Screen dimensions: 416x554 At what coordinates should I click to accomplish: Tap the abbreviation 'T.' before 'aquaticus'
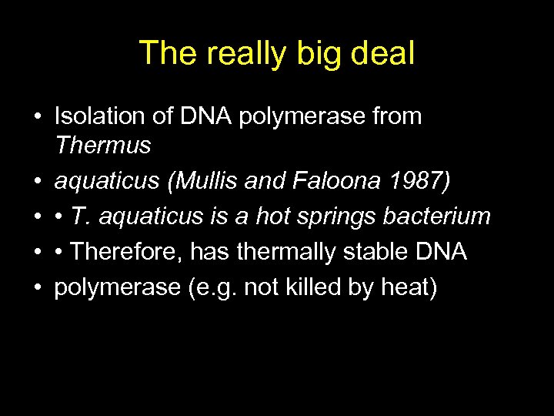tap(77, 216)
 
